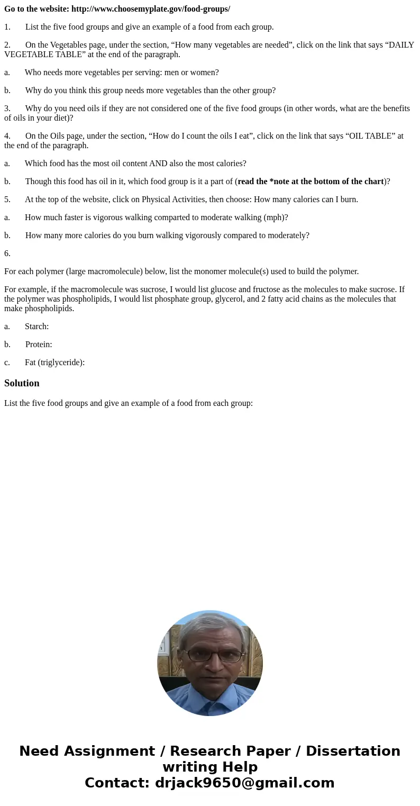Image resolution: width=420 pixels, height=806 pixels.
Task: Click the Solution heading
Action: [x=22, y=383]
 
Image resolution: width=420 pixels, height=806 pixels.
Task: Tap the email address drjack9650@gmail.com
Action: [x=244, y=783]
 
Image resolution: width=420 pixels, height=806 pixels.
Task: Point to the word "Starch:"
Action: [x=36, y=327]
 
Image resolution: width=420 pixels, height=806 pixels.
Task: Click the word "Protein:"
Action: [x=39, y=345]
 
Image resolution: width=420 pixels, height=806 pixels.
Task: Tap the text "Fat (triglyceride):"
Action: [x=54, y=363]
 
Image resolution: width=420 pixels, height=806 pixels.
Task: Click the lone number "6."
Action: [x=7, y=253]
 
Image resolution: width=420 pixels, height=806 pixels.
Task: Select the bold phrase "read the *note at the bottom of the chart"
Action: [x=311, y=182]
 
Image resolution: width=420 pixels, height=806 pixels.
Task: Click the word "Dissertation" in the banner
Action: [x=353, y=751]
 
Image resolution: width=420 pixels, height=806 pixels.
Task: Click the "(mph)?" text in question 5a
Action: [x=276, y=218]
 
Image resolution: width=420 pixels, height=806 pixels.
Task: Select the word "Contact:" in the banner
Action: [x=117, y=783]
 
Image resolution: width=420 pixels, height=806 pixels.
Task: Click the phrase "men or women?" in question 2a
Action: [x=193, y=73]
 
